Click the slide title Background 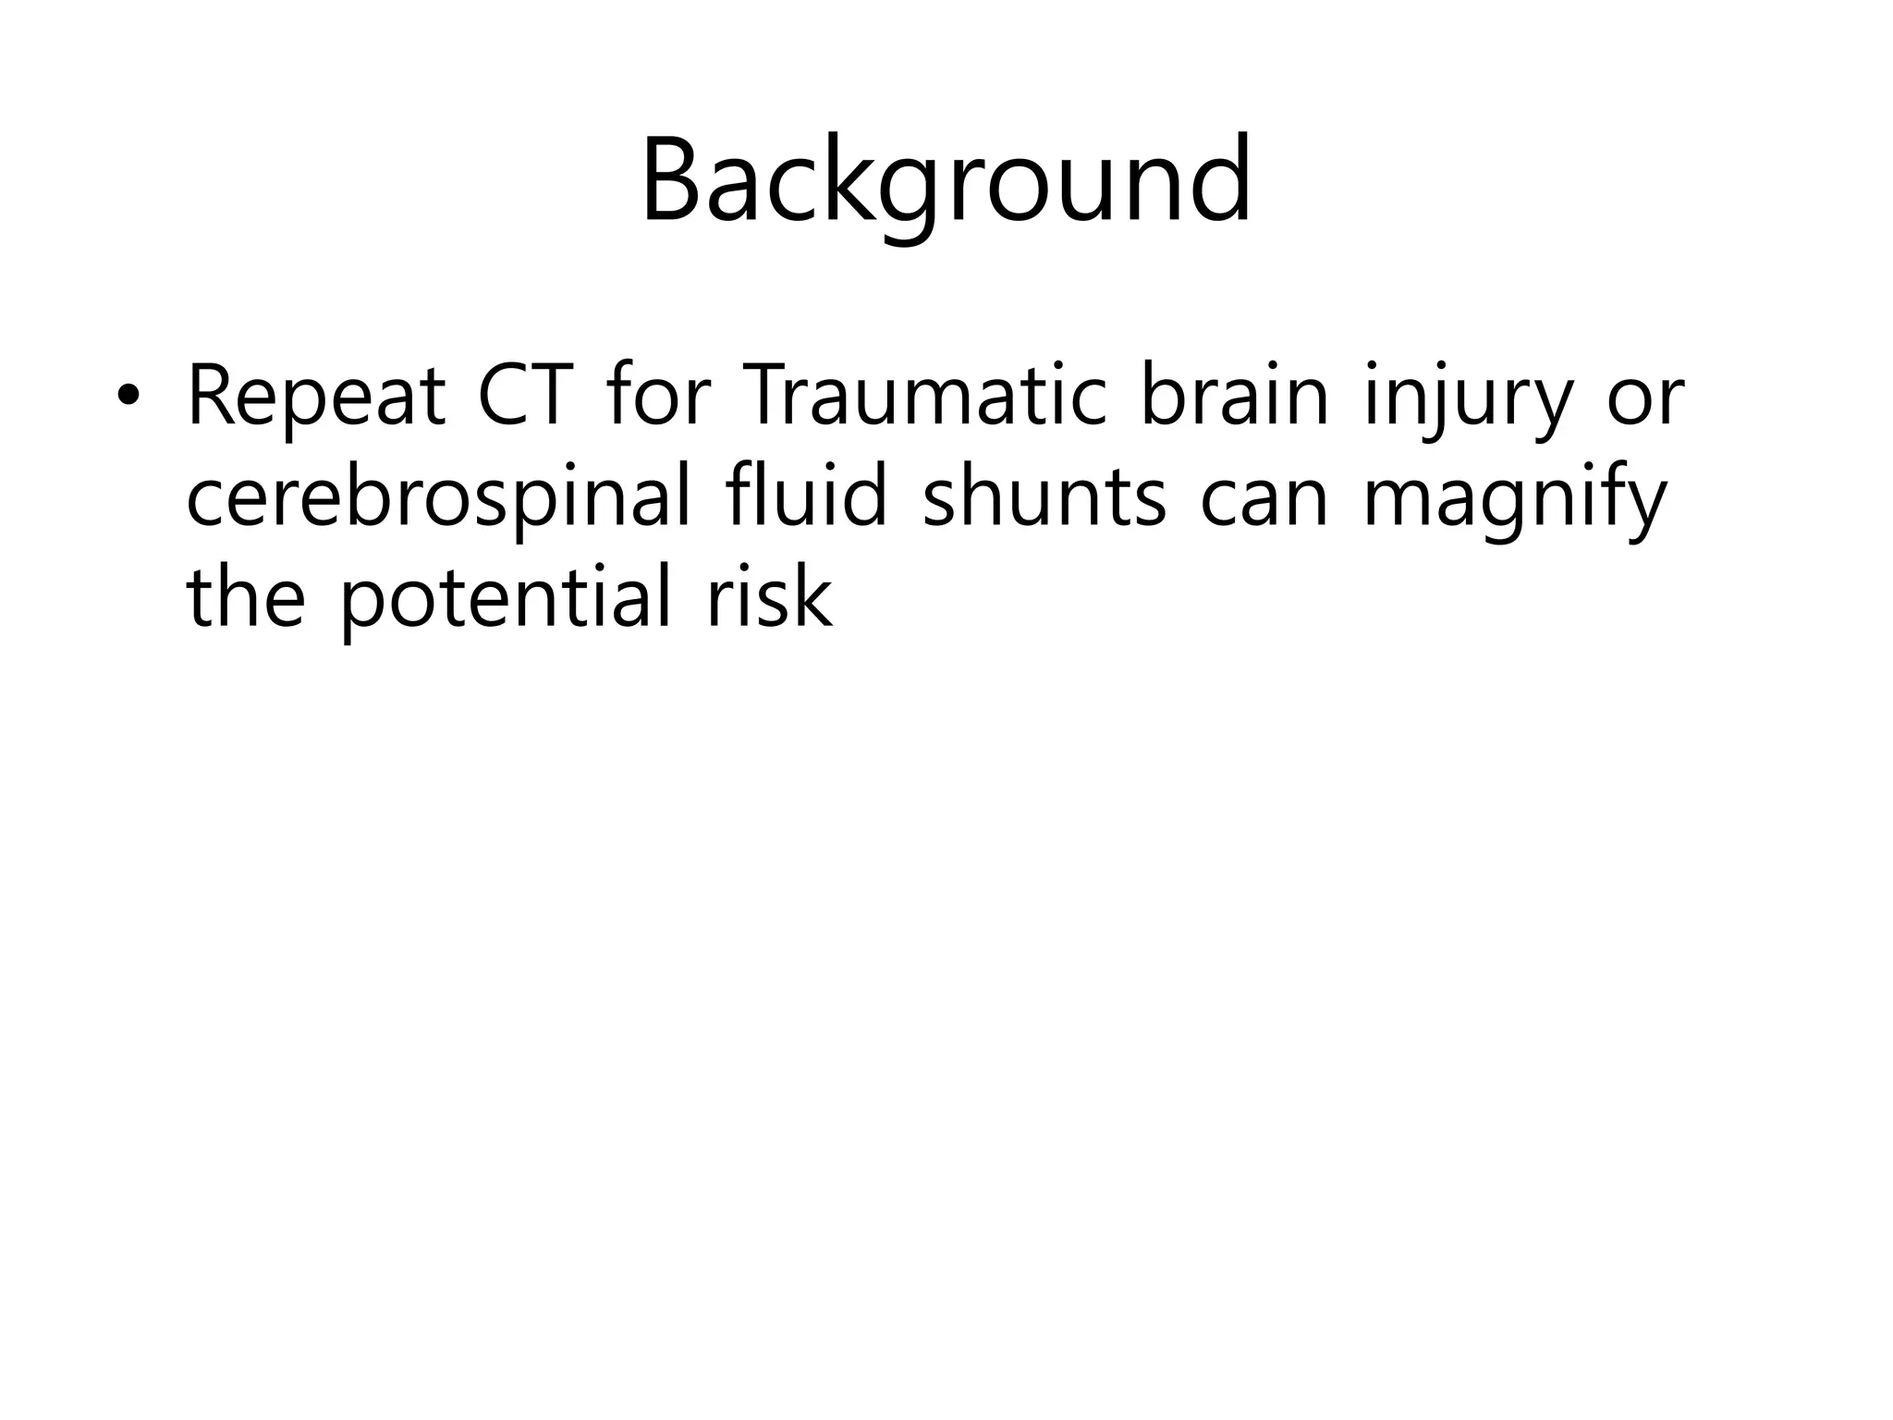pyautogui.click(x=946, y=180)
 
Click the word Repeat pyautogui.click(x=316, y=399)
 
